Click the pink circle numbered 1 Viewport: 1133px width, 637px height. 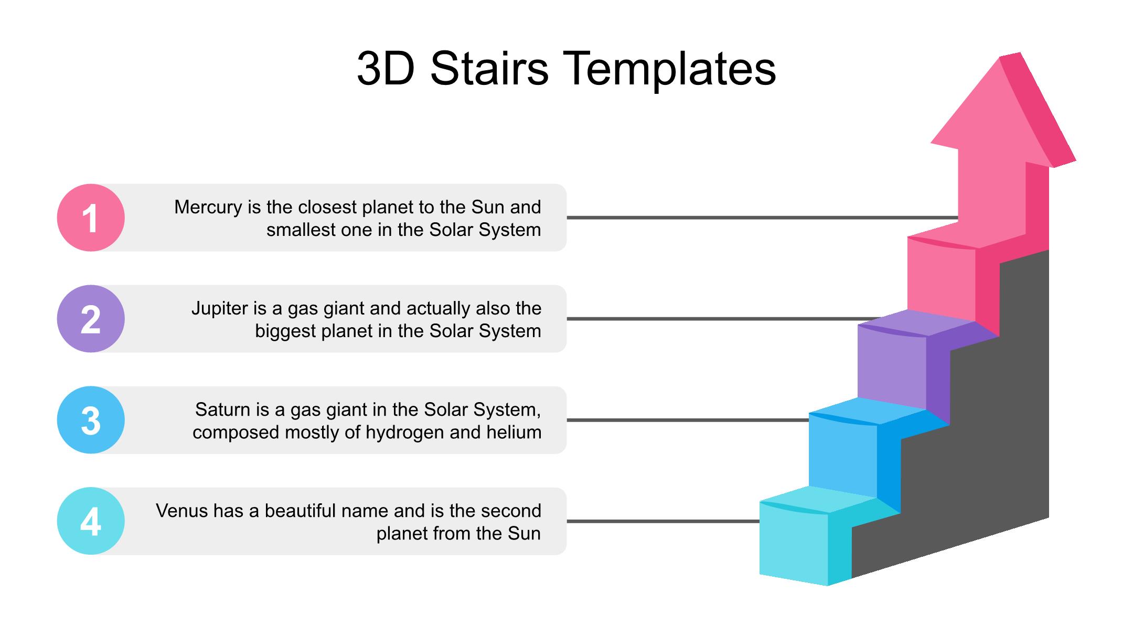[x=91, y=218]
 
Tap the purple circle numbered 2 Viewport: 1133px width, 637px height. [x=91, y=319]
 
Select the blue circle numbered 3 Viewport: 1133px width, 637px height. [x=91, y=420]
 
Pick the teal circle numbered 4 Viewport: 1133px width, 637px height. [x=91, y=521]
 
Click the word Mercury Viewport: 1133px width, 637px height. [x=209, y=208]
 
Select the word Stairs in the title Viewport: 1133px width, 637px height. [x=489, y=69]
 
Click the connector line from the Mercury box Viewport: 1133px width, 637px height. [x=763, y=218]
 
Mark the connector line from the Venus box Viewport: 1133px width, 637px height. [x=663, y=521]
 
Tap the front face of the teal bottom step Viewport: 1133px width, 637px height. [x=794, y=543]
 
